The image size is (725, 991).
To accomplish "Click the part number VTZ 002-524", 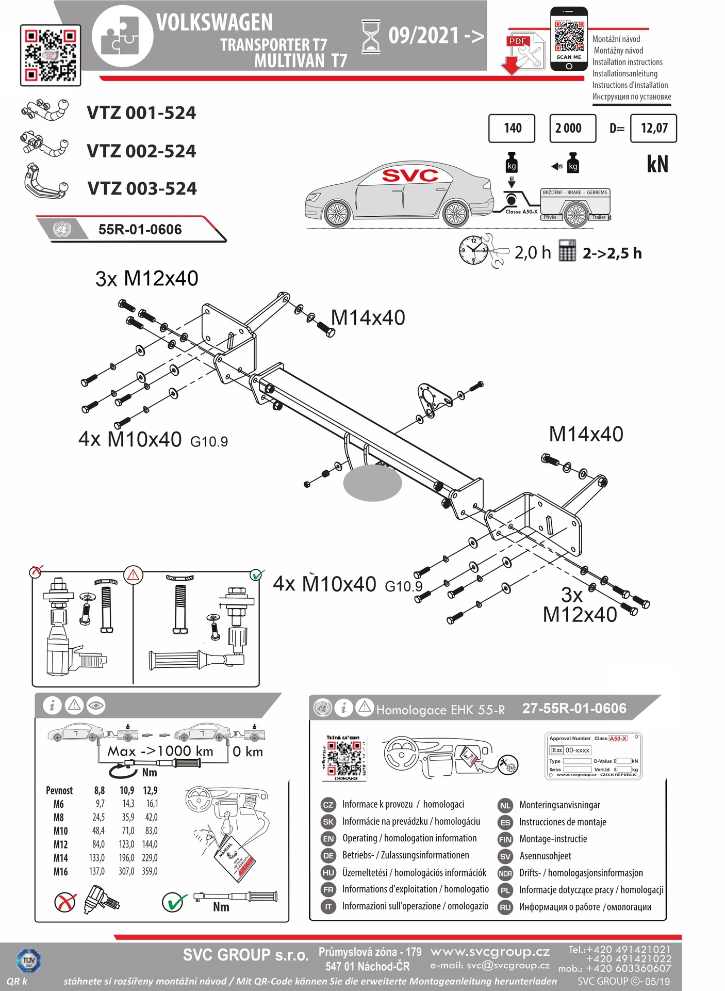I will pyautogui.click(x=141, y=151).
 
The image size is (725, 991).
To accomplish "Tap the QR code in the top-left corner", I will pyautogui.click(x=51, y=55).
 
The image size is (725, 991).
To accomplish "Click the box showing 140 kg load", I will pyautogui.click(x=512, y=128).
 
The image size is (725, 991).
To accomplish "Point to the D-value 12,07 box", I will pyautogui.click(x=653, y=128).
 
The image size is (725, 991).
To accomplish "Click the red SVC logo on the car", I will pyautogui.click(x=410, y=176).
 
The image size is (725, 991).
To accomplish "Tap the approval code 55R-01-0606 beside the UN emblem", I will pyautogui.click(x=140, y=229).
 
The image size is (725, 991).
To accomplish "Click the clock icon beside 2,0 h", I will pyautogui.click(x=473, y=250).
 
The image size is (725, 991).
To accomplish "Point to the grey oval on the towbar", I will pyautogui.click(x=372, y=483).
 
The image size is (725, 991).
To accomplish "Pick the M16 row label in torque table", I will pyautogui.click(x=60, y=872).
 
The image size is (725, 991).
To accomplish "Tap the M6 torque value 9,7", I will pyautogui.click(x=100, y=804).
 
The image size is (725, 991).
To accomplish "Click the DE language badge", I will pyautogui.click(x=328, y=856).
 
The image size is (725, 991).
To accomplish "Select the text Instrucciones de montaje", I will pyautogui.click(x=563, y=822).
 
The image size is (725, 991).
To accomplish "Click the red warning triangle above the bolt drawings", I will pyautogui.click(x=133, y=574).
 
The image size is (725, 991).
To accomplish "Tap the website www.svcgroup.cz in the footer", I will pyautogui.click(x=490, y=952).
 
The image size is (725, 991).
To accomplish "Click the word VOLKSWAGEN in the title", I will pyautogui.click(x=215, y=23).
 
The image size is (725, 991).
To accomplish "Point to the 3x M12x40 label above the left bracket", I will pyautogui.click(x=147, y=279).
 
